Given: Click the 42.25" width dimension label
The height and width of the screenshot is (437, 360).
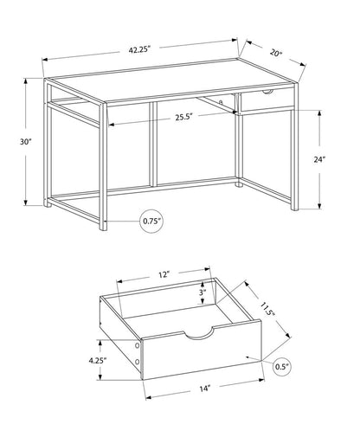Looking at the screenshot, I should coord(140,49).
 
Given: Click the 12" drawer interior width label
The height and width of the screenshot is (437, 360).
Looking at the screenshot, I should coord(164,273).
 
